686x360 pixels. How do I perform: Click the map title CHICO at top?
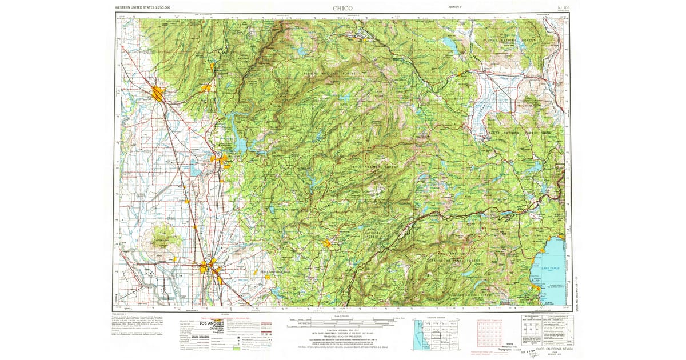click(342, 8)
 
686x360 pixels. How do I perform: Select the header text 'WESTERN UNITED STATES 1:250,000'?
click(143, 8)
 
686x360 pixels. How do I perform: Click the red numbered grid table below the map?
click(493, 334)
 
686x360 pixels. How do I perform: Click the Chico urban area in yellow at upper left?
click(158, 94)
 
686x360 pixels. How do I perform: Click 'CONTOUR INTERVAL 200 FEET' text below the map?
click(342, 331)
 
